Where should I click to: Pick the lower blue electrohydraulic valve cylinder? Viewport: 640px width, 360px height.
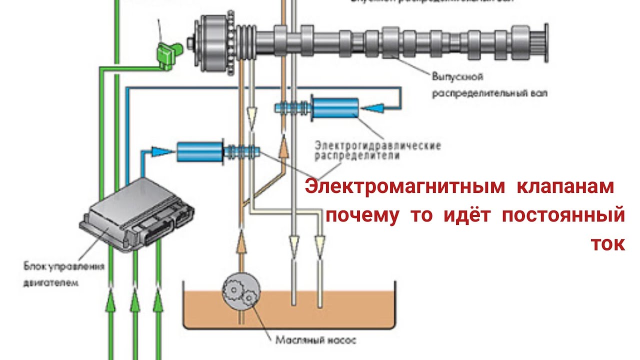click(x=200, y=151)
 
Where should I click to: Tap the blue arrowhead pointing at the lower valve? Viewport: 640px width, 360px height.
click(x=160, y=150)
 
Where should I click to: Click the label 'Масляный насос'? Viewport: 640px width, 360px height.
click(x=315, y=341)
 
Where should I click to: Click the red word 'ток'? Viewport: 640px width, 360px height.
click(x=607, y=244)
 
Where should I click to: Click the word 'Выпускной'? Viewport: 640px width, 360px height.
click(x=457, y=77)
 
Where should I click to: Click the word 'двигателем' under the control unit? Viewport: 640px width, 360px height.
click(x=51, y=282)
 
